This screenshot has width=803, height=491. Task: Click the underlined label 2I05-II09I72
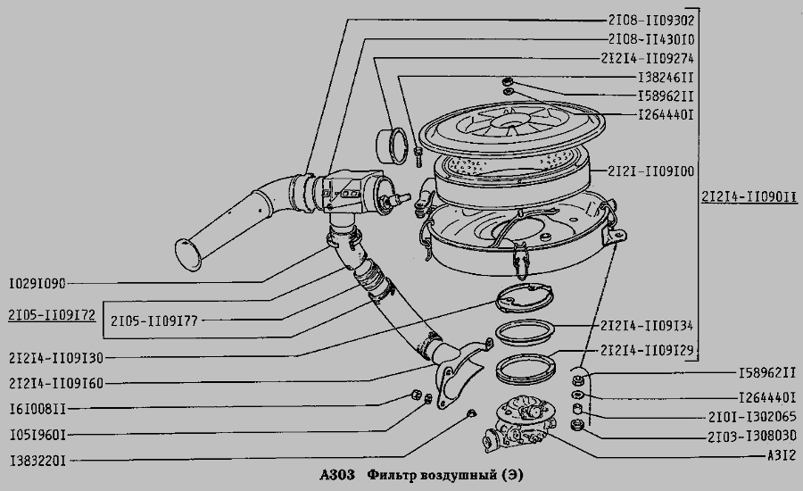50,314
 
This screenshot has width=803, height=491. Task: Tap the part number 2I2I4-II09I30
55,357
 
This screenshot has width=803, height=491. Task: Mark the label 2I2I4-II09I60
55,384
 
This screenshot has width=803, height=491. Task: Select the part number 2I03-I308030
749,436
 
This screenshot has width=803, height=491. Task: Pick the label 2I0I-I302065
749,416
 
